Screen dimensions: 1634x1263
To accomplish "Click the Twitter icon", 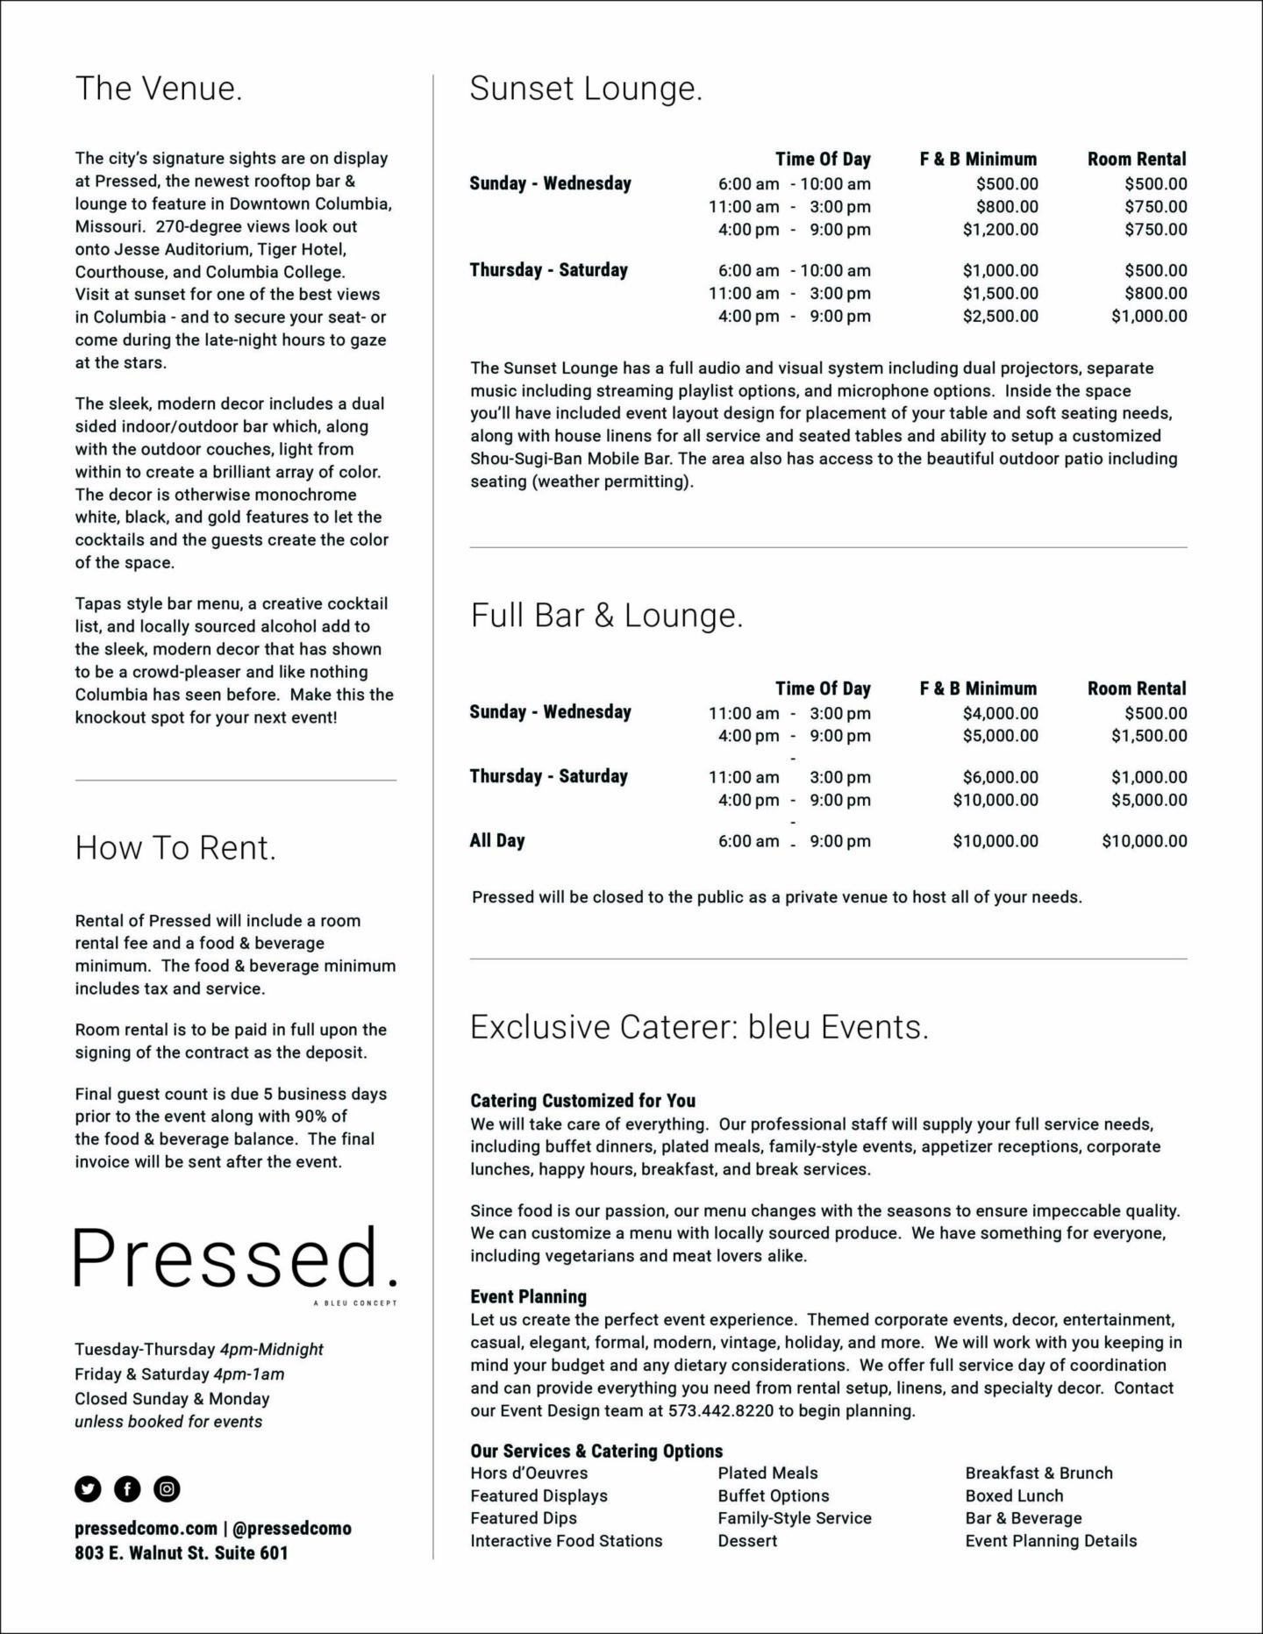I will pos(88,1488).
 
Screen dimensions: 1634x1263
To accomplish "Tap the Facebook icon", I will pos(127,1488).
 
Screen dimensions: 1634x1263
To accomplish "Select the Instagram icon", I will pos(167,1488).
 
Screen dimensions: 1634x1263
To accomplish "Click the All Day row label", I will pos(497,840).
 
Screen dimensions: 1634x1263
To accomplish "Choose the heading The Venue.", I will pos(159,89).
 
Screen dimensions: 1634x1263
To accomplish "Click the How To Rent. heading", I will pos(175,848).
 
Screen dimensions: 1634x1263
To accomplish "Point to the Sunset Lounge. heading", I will pos(586,89).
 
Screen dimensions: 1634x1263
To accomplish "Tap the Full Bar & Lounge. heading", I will pos(606,616).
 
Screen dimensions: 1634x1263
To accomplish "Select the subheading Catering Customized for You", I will pos(582,1101).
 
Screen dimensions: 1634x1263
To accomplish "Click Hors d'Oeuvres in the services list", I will pos(529,1473).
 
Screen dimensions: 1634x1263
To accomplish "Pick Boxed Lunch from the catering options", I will pos(1014,1496).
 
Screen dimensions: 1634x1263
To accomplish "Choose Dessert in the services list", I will pos(747,1541).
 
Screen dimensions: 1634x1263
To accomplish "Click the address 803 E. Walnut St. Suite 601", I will pos(182,1552).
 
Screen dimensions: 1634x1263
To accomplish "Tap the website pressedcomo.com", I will pos(145,1528).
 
